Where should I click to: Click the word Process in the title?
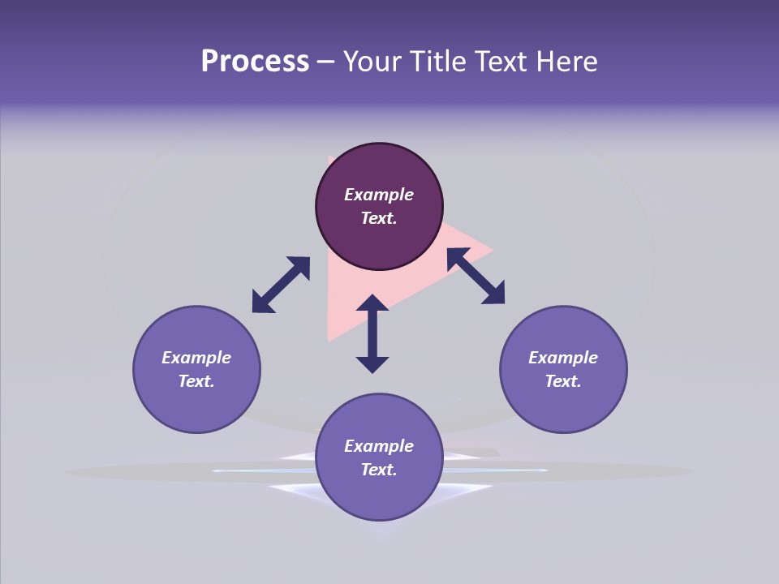click(255, 62)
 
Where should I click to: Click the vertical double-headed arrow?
click(372, 333)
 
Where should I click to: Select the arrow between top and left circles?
click(281, 284)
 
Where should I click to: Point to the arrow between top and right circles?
click(476, 276)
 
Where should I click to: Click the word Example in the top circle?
click(379, 195)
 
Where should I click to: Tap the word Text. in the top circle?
click(379, 218)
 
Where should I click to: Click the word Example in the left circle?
click(196, 358)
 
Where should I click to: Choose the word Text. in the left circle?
click(196, 381)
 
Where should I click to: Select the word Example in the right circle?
click(563, 358)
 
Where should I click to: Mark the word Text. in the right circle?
click(563, 381)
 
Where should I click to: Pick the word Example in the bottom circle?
click(379, 446)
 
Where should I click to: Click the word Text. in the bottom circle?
click(379, 470)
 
